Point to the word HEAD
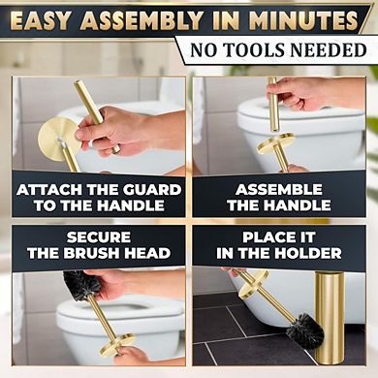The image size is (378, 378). [147, 254]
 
